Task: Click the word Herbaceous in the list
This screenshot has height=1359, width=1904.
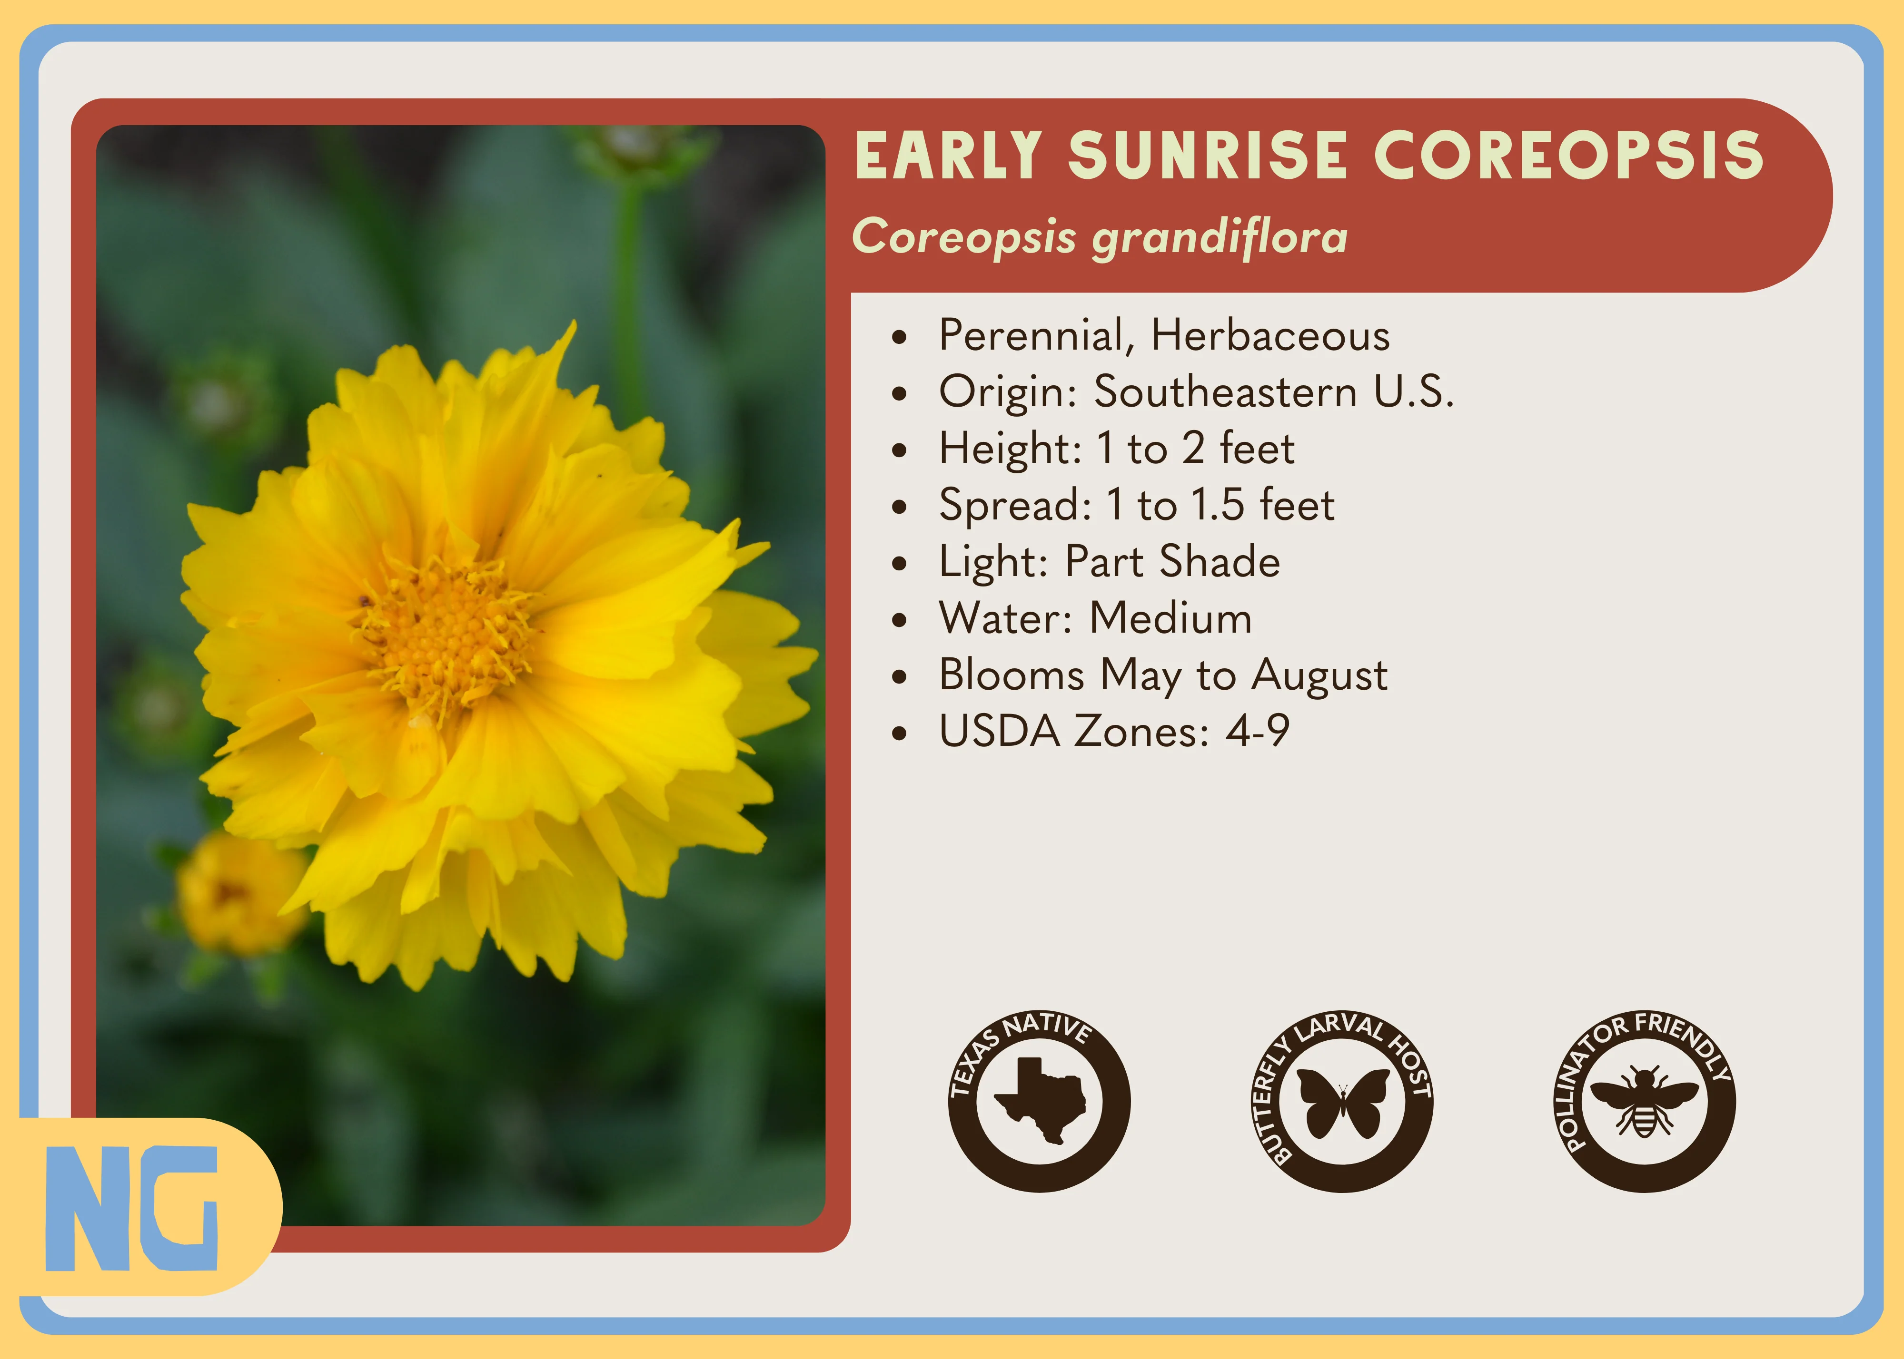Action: tap(1270, 335)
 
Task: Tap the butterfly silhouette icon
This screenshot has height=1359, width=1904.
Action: tap(1343, 1102)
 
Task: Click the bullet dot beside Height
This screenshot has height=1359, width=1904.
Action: tap(899, 451)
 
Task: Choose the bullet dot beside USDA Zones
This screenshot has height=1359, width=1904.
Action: tap(899, 734)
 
